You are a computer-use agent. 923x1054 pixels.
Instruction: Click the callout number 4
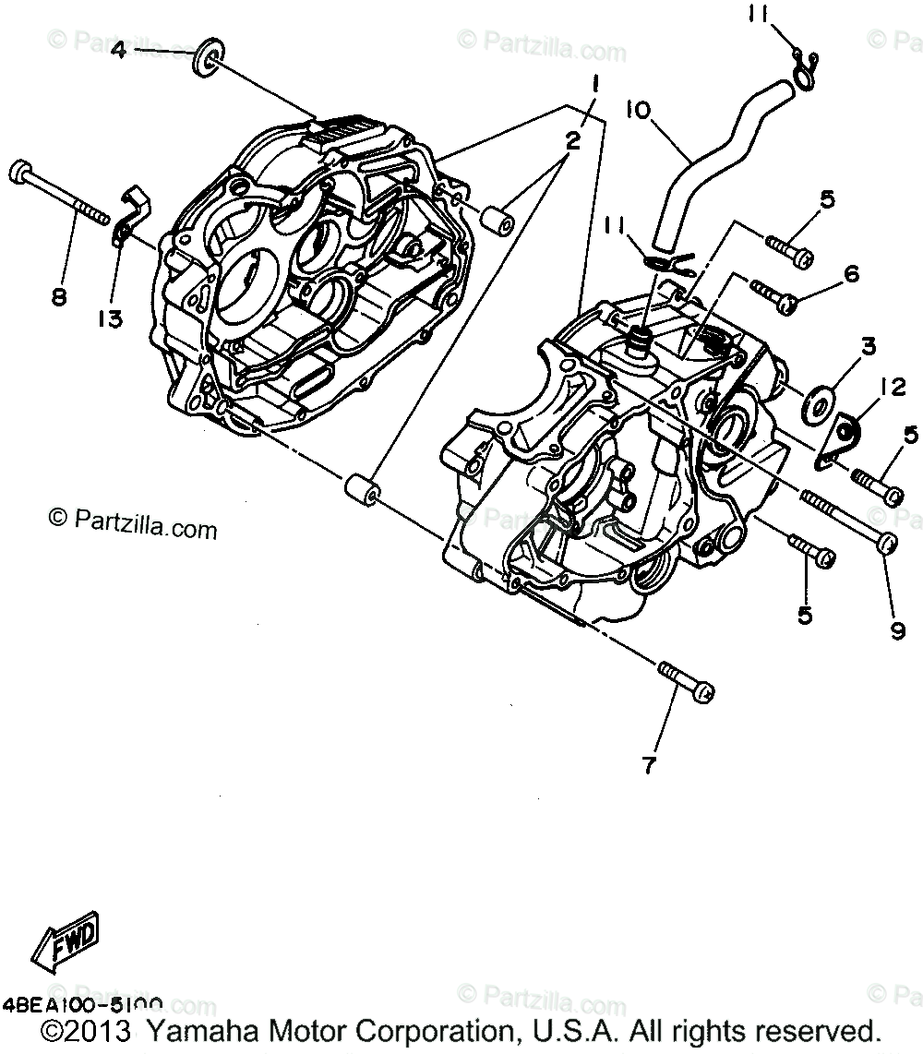point(118,50)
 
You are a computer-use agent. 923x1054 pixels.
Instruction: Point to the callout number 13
point(109,318)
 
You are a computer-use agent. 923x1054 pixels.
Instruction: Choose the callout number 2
point(572,140)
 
